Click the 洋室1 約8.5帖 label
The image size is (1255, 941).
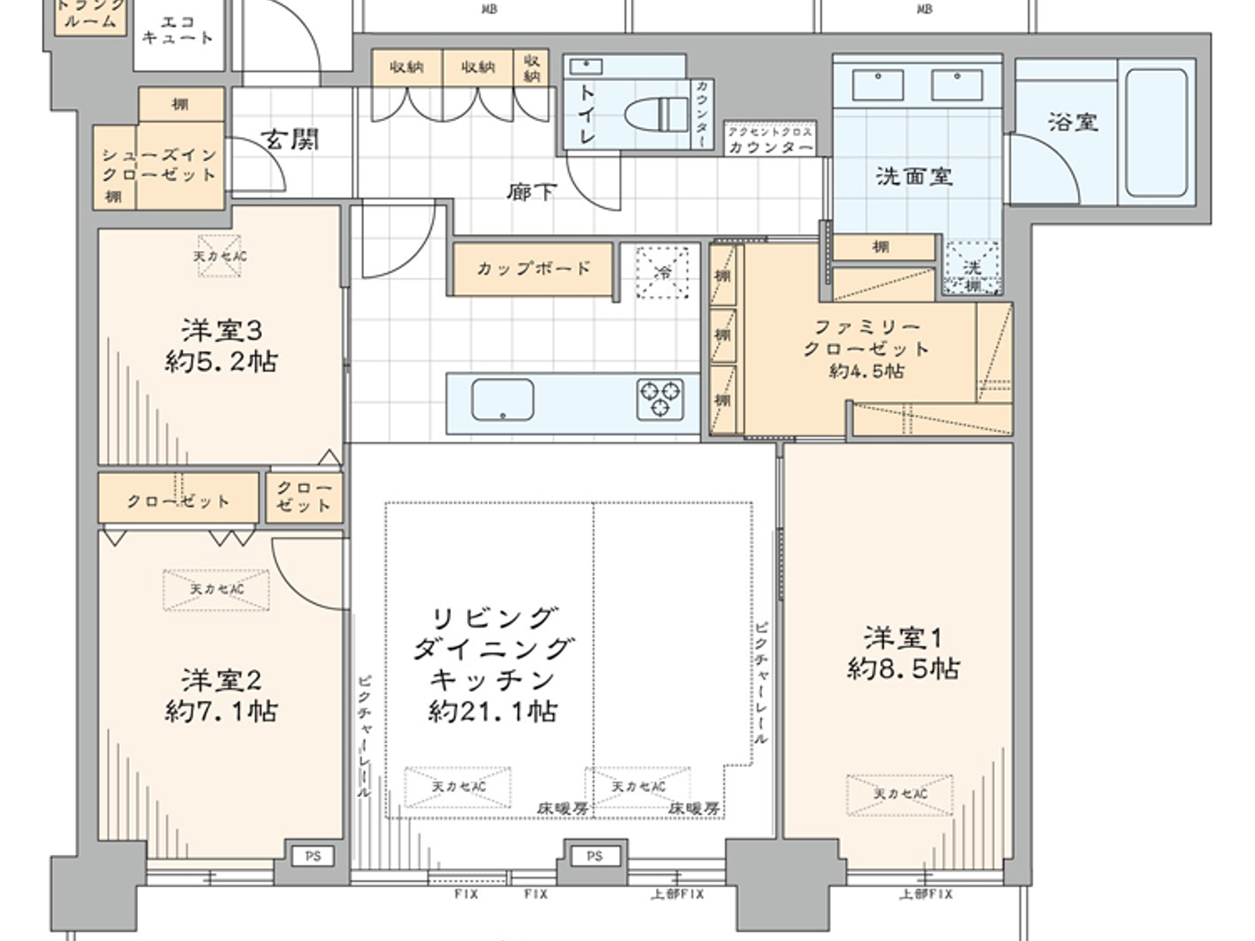pos(903,653)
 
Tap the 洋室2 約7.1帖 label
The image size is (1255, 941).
pos(221,695)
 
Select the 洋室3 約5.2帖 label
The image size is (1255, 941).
pos(221,346)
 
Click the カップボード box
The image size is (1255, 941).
pos(533,268)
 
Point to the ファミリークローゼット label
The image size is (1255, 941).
pos(866,348)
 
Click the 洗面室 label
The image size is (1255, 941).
pos(913,177)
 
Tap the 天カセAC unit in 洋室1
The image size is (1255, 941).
pos(900,794)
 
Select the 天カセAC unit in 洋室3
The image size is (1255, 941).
pos(220,256)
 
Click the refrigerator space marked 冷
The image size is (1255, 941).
pos(663,272)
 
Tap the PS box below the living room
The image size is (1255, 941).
pos(594,856)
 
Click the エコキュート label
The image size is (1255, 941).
pos(177,30)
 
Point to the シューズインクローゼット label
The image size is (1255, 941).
pos(159,165)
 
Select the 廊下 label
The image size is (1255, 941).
pos(531,192)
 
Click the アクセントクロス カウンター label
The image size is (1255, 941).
pos(770,141)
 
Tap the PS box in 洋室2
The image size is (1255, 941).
pos(311,856)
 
